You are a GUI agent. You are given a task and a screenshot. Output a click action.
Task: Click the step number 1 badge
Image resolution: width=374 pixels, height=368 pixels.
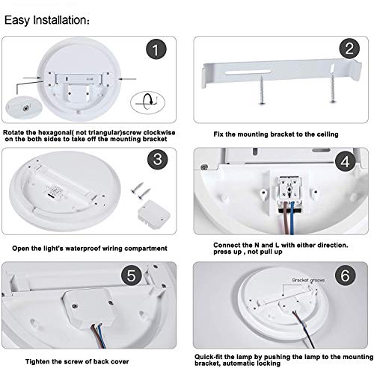pyautogui.click(x=156, y=49)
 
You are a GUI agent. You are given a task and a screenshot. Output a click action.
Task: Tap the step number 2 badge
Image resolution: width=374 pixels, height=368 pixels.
pyautogui.click(x=349, y=49)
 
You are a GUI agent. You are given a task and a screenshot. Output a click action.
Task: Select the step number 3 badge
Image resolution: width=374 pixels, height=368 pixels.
pyautogui.click(x=158, y=159)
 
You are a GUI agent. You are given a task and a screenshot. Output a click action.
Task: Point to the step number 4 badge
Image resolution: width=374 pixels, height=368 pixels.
pyautogui.click(x=346, y=161)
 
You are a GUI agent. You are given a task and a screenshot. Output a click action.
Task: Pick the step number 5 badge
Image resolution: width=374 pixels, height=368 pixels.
pyautogui.click(x=132, y=275)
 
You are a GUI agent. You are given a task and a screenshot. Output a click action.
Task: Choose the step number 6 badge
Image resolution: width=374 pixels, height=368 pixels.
pyautogui.click(x=346, y=275)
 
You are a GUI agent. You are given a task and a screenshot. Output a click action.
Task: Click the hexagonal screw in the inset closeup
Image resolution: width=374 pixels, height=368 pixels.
pyautogui.click(x=25, y=108)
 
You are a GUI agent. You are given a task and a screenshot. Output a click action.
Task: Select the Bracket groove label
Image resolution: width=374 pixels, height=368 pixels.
pyautogui.click(x=308, y=280)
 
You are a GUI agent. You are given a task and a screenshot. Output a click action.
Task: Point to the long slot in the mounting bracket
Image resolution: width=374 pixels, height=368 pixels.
pyautogui.click(x=248, y=72)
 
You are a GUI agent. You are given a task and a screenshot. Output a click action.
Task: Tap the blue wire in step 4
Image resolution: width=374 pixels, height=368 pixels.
pyautogui.click(x=292, y=218)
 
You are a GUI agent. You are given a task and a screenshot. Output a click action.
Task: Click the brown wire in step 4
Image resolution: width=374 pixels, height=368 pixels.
pyautogui.click(x=286, y=218)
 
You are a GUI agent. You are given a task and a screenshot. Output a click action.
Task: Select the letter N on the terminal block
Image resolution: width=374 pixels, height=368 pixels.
pyautogui.click(x=283, y=195)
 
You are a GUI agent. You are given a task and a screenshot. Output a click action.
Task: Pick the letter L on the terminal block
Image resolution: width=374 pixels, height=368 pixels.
pyautogui.click(x=295, y=195)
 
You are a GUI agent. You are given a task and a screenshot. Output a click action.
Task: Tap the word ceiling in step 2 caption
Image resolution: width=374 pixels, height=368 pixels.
pyautogui.click(x=328, y=134)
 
